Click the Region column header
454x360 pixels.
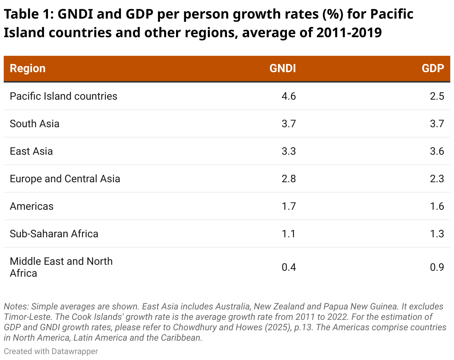point(28,68)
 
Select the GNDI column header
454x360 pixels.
point(282,68)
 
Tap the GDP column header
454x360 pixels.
point(433,68)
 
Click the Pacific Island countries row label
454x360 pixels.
point(63,96)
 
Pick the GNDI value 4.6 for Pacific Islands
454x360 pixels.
point(288,96)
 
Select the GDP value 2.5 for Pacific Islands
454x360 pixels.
point(437,96)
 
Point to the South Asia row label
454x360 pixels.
point(35,123)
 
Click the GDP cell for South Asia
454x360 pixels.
point(437,123)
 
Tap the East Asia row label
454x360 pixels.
point(31,151)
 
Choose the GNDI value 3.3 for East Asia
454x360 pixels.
point(288,151)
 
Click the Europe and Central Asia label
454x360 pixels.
point(65,179)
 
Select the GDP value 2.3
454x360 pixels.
point(437,179)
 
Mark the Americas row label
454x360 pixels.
point(32,206)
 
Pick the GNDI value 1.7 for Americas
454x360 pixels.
point(288,206)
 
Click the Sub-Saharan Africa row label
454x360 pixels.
point(54,234)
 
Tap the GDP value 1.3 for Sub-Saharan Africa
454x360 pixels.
point(437,234)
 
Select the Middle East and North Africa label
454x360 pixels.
point(61,267)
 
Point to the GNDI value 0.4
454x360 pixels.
point(288,267)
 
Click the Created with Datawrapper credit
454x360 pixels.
point(51,351)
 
